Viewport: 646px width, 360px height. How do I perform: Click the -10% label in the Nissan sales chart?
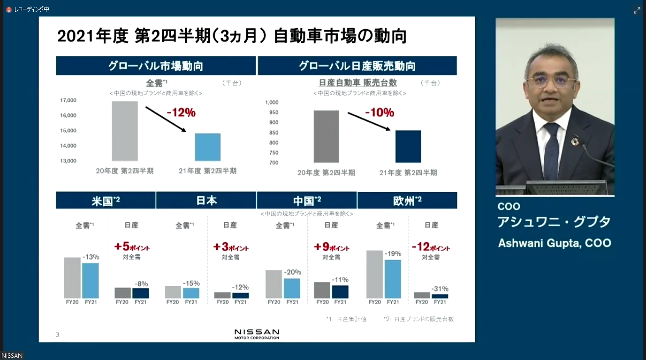379,113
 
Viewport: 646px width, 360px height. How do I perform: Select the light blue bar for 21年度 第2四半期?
207,147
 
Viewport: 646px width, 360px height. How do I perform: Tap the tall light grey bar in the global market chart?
125,131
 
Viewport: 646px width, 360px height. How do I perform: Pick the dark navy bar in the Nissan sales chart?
408,146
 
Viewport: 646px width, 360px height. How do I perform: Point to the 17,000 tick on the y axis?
68,100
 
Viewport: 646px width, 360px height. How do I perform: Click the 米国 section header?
106,201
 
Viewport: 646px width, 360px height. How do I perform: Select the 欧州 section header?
407,201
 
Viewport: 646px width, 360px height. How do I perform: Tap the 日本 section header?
206,201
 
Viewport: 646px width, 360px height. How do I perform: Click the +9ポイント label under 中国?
331,247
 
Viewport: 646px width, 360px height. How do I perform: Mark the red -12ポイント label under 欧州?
431,247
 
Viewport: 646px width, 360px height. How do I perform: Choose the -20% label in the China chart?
293,272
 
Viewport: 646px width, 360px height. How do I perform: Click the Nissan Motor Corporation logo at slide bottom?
257,334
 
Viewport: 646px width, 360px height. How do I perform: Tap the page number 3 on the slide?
57,335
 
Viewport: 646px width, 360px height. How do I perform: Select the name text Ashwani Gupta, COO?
555,243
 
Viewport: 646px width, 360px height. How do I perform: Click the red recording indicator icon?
8,9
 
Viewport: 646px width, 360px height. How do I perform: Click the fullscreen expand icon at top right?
637,10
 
